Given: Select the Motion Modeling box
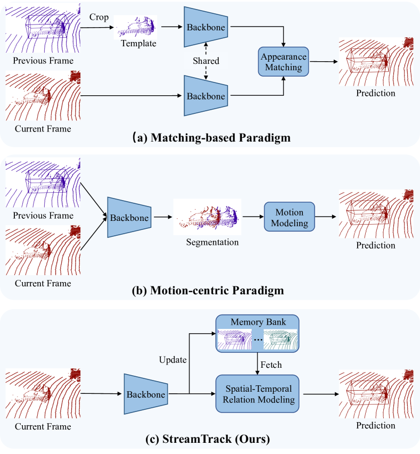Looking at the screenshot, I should pyautogui.click(x=289, y=217).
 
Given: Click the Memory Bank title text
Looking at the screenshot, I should pyautogui.click(x=258, y=322).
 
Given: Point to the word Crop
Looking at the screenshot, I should pyautogui.click(x=99, y=17).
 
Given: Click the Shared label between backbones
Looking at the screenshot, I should pyautogui.click(x=207, y=61).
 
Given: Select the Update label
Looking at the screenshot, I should pyautogui.click(x=173, y=360).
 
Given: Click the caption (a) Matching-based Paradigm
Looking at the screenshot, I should pyautogui.click(x=210, y=138).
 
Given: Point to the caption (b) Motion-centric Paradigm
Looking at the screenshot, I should pyautogui.click(x=210, y=291).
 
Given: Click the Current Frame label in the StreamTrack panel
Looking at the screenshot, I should pyautogui.click(x=43, y=426).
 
